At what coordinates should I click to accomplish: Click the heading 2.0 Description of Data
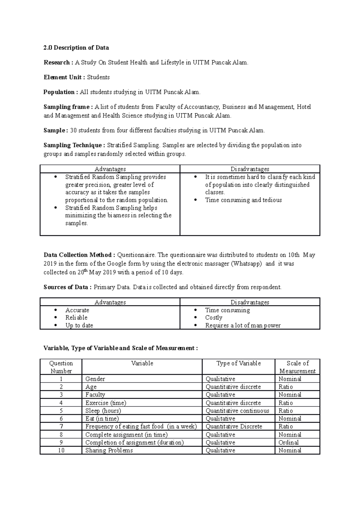click(76, 48)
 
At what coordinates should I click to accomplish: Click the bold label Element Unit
click(62, 77)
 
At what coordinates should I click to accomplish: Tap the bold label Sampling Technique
click(73, 145)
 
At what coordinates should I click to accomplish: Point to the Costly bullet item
click(214, 318)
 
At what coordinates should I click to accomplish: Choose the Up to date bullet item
click(79, 326)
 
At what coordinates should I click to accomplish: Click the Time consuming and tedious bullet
click(243, 200)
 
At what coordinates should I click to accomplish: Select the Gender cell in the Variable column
click(95, 379)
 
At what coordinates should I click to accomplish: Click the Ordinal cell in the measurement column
click(289, 443)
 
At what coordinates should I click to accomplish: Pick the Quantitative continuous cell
click(237, 411)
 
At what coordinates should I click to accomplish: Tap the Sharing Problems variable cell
click(109, 451)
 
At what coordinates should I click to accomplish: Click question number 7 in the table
click(61, 427)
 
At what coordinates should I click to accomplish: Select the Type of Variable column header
click(238, 364)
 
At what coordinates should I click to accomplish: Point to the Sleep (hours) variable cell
click(103, 411)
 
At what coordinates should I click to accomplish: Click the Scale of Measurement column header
click(297, 367)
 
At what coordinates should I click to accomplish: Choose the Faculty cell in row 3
click(95, 395)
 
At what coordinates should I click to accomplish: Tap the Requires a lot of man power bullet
click(243, 326)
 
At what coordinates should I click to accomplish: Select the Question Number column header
click(61, 367)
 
